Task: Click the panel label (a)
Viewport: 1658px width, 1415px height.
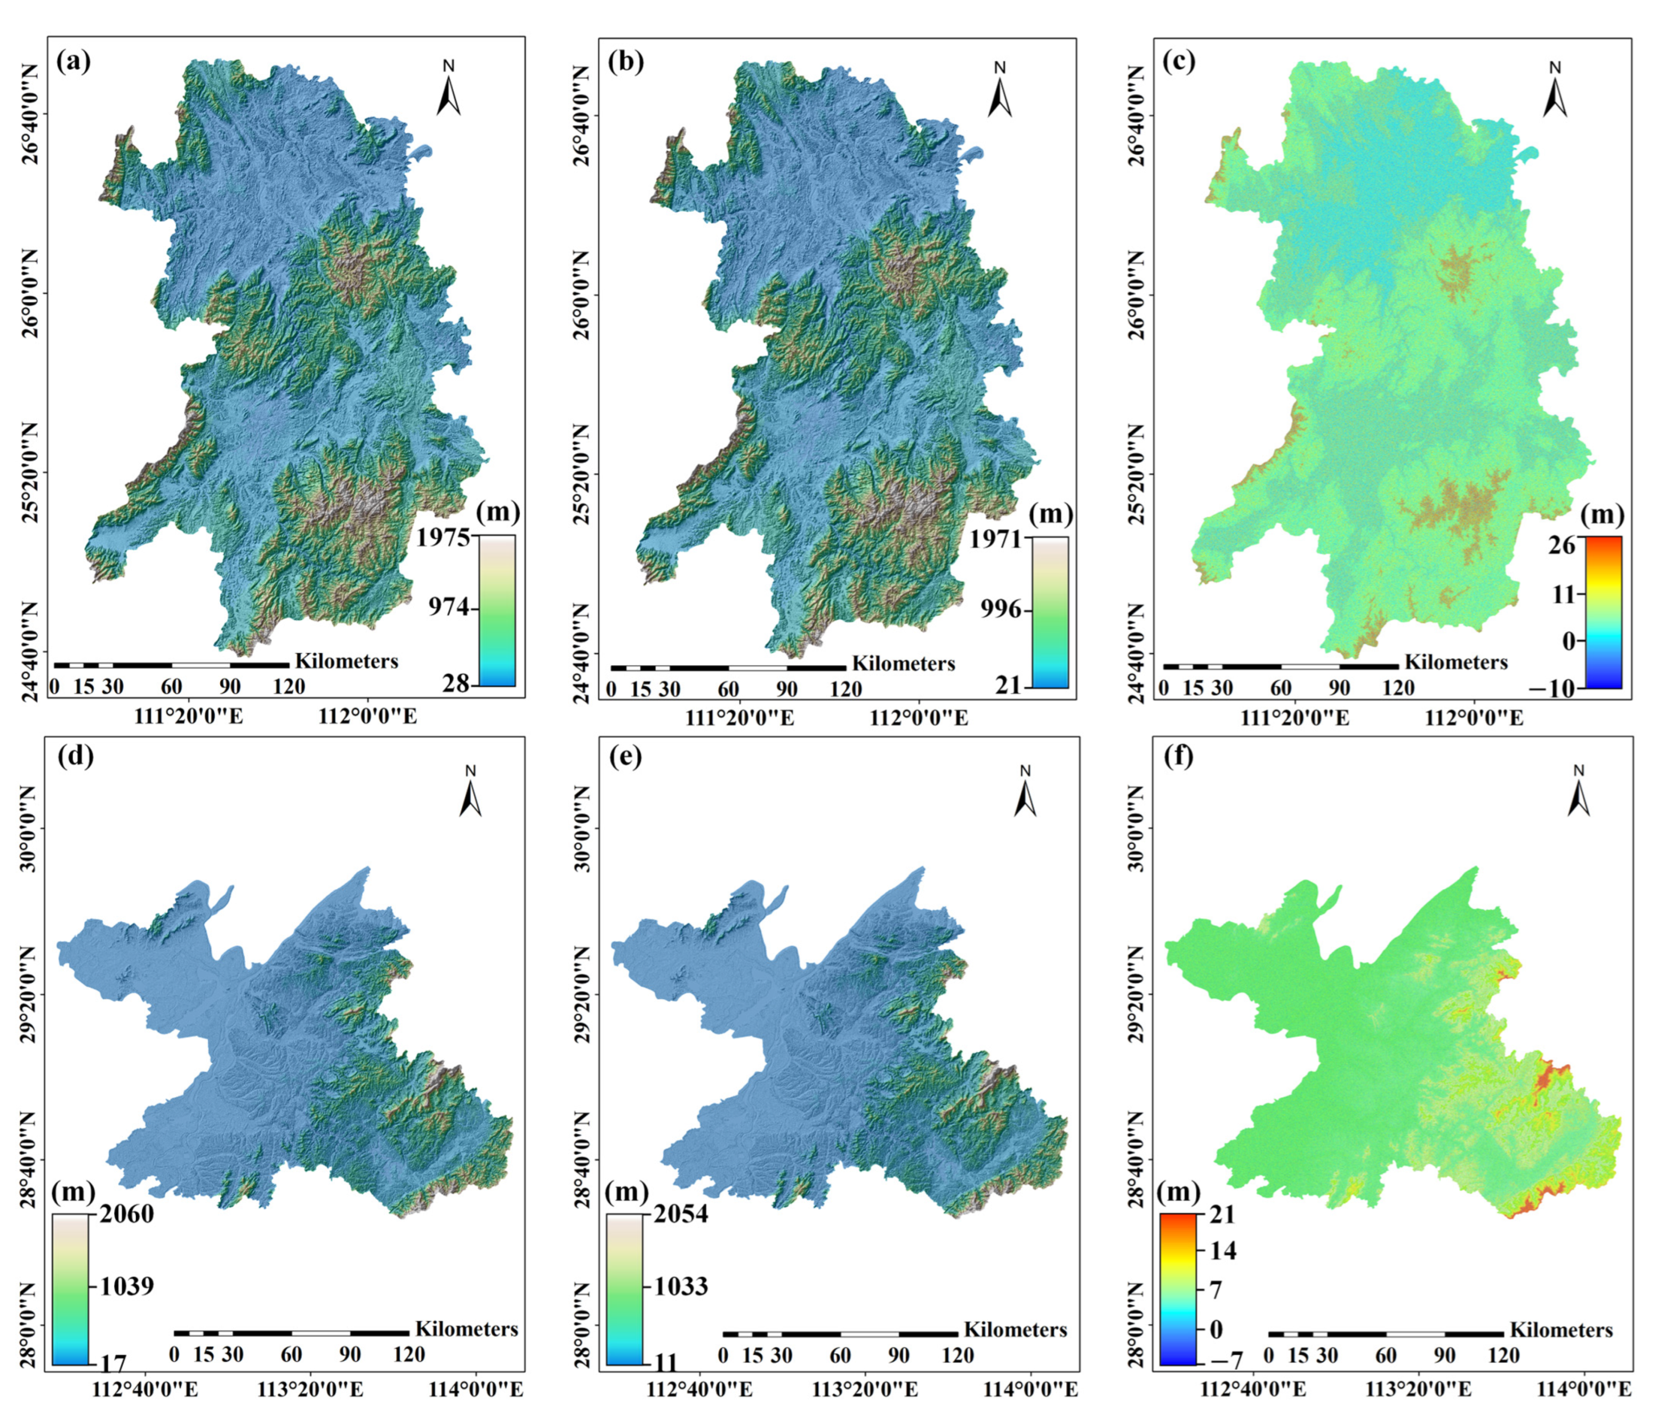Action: click(x=74, y=62)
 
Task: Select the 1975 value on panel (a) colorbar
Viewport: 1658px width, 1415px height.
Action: click(x=442, y=537)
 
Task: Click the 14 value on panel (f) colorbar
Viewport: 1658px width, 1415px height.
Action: click(x=1220, y=1250)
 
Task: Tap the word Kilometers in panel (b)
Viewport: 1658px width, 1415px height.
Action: click(x=904, y=663)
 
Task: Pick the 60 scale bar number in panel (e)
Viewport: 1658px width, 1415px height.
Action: click(x=840, y=1355)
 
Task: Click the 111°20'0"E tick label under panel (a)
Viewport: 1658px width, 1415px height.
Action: click(x=190, y=715)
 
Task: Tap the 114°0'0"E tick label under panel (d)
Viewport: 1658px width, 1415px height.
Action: click(x=481, y=1388)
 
